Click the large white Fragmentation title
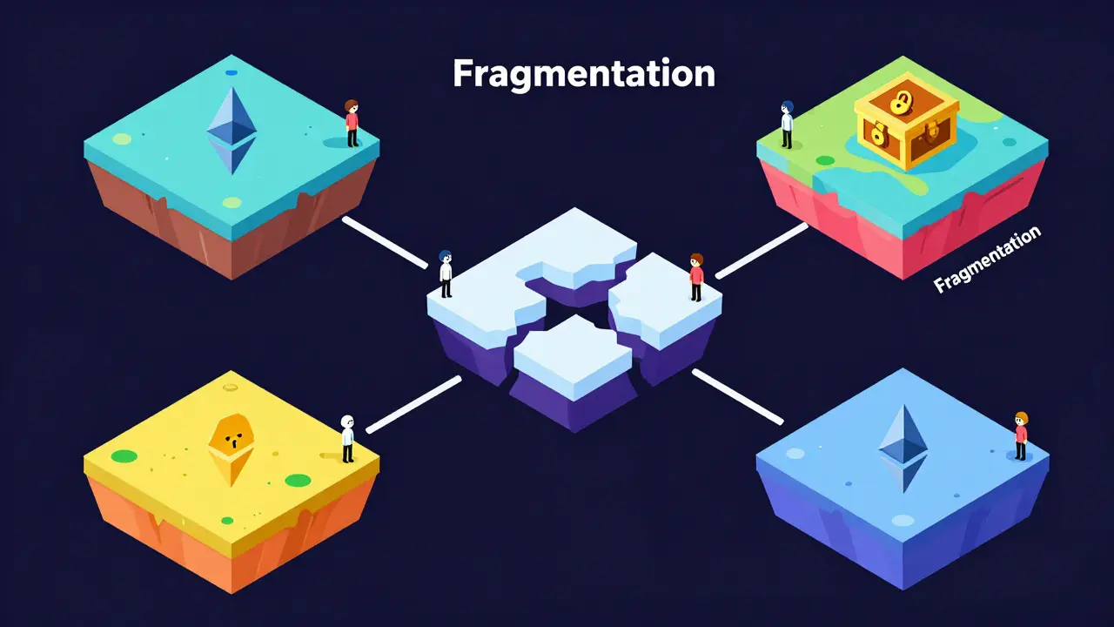tap(584, 75)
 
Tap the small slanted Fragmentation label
tap(987, 260)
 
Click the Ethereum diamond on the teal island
tap(232, 131)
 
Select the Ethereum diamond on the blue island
tap(903, 448)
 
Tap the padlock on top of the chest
tap(899, 102)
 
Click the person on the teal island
tap(352, 123)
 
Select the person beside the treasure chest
tap(787, 125)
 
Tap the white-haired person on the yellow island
tap(347, 439)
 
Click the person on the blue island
tap(1021, 436)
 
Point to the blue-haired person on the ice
tap(446, 273)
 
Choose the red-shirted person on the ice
tap(697, 277)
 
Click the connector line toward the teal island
tap(385, 242)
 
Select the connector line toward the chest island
tap(762, 251)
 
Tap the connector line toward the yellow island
tap(413, 405)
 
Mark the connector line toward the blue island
tap(738, 396)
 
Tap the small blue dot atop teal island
tap(232, 72)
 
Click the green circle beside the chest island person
tap(825, 161)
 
